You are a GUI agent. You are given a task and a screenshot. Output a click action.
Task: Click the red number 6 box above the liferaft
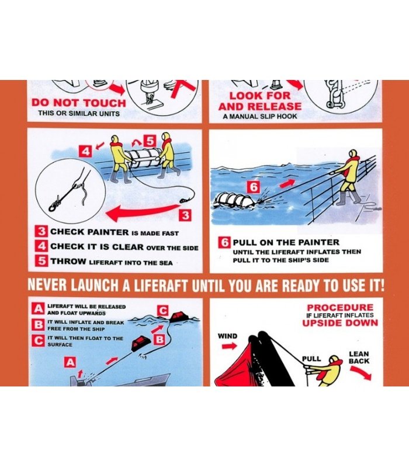point(253,187)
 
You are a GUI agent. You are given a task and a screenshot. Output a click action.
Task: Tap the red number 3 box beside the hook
point(185,215)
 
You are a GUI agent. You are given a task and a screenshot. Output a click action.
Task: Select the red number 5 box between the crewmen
point(150,141)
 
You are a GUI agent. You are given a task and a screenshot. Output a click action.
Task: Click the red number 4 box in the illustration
point(85,151)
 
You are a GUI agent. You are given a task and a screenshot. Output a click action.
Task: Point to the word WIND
point(227,336)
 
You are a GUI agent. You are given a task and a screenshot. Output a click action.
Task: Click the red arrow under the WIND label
point(229,346)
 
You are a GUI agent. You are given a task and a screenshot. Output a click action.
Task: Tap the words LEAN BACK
point(359,357)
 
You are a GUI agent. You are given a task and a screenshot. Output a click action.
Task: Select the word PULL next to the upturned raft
point(311,358)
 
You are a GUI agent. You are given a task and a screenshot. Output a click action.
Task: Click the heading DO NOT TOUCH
point(79,103)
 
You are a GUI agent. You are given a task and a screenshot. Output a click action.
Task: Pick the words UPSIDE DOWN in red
point(340,323)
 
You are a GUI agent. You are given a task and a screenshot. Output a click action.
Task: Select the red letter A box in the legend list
point(38,309)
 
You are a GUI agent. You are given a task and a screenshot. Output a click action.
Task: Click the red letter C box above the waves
point(163,311)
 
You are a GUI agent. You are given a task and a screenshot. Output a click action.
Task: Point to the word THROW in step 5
point(68,262)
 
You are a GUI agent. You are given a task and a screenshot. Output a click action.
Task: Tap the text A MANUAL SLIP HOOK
point(259,116)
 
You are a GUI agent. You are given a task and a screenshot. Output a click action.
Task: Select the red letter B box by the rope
point(160,339)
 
